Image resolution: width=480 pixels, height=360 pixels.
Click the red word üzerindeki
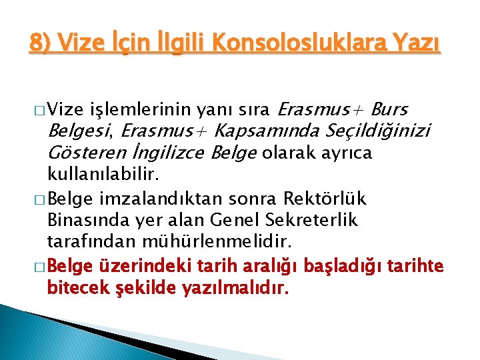click(140, 266)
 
